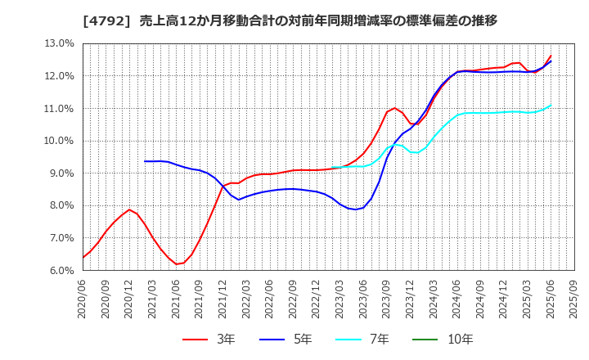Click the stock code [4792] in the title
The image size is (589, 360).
tap(104, 20)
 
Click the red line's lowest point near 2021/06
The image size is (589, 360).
tap(176, 263)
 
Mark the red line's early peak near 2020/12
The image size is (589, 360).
tap(129, 209)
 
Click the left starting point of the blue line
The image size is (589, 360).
tap(145, 161)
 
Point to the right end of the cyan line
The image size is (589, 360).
tap(551, 105)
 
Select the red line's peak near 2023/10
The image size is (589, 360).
tap(394, 108)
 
